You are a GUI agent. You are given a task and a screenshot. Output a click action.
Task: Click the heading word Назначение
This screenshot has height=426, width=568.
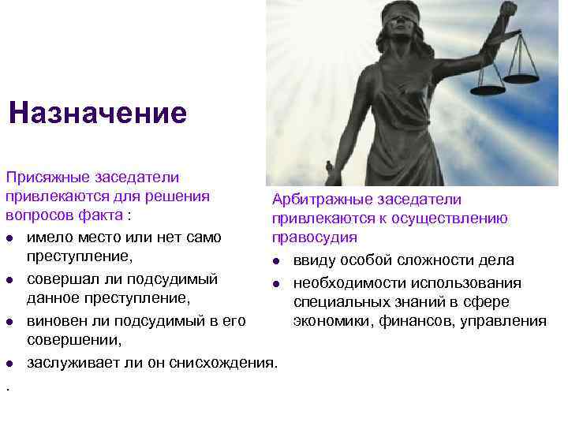98,113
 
